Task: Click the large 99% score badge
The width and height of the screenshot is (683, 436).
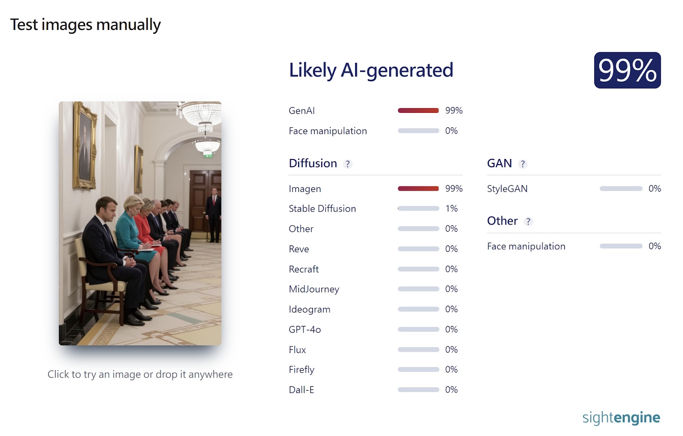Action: pos(627,70)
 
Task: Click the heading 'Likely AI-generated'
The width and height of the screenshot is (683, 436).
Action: pos(371,70)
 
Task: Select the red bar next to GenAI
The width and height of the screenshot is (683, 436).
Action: pos(418,111)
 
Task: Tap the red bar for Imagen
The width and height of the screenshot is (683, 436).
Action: pos(418,189)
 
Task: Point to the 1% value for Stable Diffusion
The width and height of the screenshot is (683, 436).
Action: pos(451,209)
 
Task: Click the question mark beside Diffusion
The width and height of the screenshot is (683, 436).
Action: pos(347,164)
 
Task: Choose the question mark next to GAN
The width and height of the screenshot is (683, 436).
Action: pos(522,164)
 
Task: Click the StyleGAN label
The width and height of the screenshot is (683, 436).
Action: pos(507,189)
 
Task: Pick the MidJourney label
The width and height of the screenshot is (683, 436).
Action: pos(314,289)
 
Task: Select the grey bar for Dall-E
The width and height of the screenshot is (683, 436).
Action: pos(418,389)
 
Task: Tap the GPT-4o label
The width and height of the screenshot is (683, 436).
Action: pos(305,330)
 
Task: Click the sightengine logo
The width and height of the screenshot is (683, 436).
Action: pos(621,418)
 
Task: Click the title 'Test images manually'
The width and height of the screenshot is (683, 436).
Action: pos(85,24)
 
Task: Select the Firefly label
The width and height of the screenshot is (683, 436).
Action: pos(301,370)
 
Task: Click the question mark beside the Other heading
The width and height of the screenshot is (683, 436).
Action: pos(528,221)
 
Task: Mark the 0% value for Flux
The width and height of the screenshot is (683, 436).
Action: pos(451,350)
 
